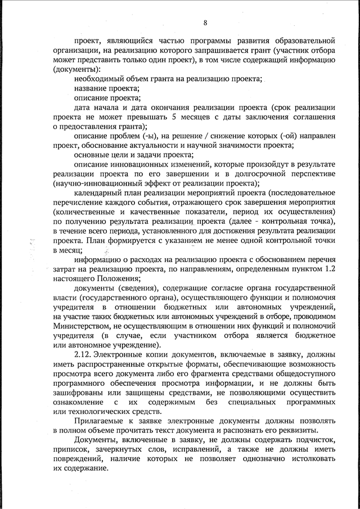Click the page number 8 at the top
click(205, 22)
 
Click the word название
click(89, 88)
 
